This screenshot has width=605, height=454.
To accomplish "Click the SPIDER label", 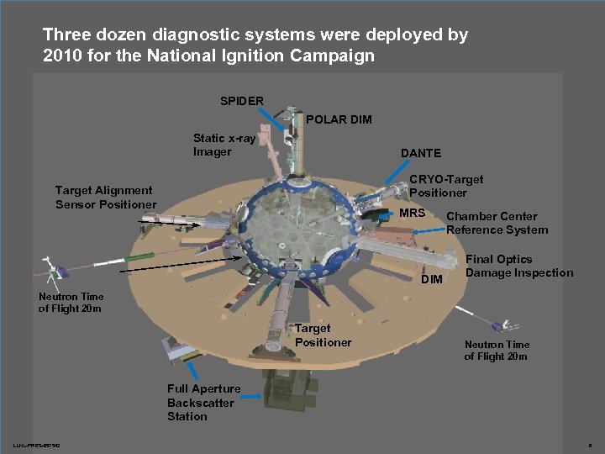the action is coord(242,101).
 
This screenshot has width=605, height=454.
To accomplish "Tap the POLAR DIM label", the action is coord(339,119).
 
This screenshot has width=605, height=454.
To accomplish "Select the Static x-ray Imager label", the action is coord(224,145).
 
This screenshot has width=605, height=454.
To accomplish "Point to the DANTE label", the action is coord(421,153).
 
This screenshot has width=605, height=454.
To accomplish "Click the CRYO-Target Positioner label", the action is coord(445,186).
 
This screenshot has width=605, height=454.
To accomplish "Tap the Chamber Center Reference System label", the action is coord(497,223).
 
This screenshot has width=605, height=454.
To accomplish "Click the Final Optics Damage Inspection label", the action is coord(518,266).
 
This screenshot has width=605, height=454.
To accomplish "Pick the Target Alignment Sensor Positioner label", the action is coord(105,198).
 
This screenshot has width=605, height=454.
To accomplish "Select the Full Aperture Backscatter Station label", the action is coord(203,402).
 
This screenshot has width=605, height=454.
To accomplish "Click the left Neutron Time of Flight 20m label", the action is coord(71,302).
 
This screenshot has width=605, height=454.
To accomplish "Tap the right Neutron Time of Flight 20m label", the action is coord(496,350).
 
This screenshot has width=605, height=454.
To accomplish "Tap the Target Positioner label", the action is coord(323,335).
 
